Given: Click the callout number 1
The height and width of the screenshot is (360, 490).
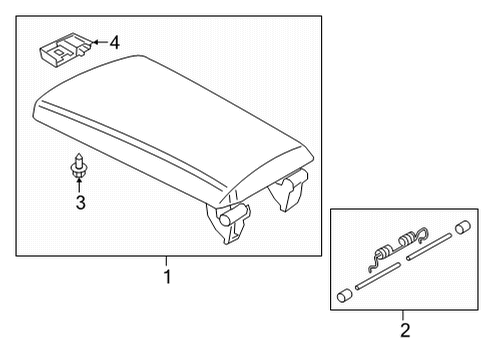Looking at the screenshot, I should (x=168, y=276).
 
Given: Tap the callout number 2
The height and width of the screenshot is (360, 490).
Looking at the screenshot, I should (x=404, y=329).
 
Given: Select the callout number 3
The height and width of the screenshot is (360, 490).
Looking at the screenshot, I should (x=78, y=204).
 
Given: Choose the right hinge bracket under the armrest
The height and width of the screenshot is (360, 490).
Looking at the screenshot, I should (x=290, y=190).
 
